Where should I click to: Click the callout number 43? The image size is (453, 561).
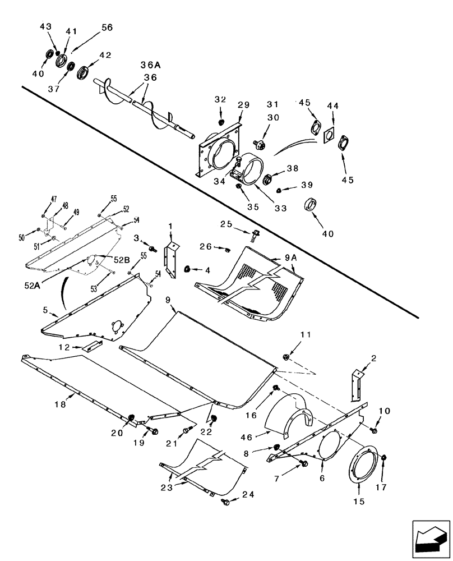(45, 27)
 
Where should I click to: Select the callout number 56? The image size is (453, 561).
(107, 27)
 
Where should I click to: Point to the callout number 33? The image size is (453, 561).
(280, 208)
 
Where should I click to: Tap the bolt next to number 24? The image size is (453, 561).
(225, 501)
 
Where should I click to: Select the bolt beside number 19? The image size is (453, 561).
(154, 431)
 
